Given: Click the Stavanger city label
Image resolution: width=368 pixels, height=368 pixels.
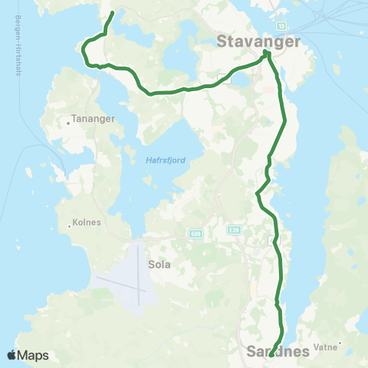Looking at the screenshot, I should point(258,41).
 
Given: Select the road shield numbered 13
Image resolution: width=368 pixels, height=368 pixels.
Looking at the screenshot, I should point(281,25).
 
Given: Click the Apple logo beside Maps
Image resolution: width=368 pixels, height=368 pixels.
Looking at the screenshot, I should point(13,355).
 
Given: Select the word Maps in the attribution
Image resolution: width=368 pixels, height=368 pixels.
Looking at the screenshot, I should point(34,355).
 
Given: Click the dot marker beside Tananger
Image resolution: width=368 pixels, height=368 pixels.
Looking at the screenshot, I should point(69,121).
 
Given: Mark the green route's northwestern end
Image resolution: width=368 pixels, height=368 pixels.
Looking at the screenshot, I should point(113,13).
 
